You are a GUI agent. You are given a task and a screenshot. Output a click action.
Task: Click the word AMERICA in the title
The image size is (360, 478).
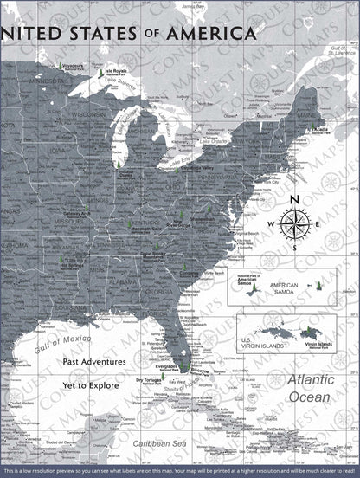click(213, 33)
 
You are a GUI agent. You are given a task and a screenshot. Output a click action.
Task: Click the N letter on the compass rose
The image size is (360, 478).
click(295, 201)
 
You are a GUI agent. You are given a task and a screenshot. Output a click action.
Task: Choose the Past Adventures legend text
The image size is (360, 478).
click(94, 362)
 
